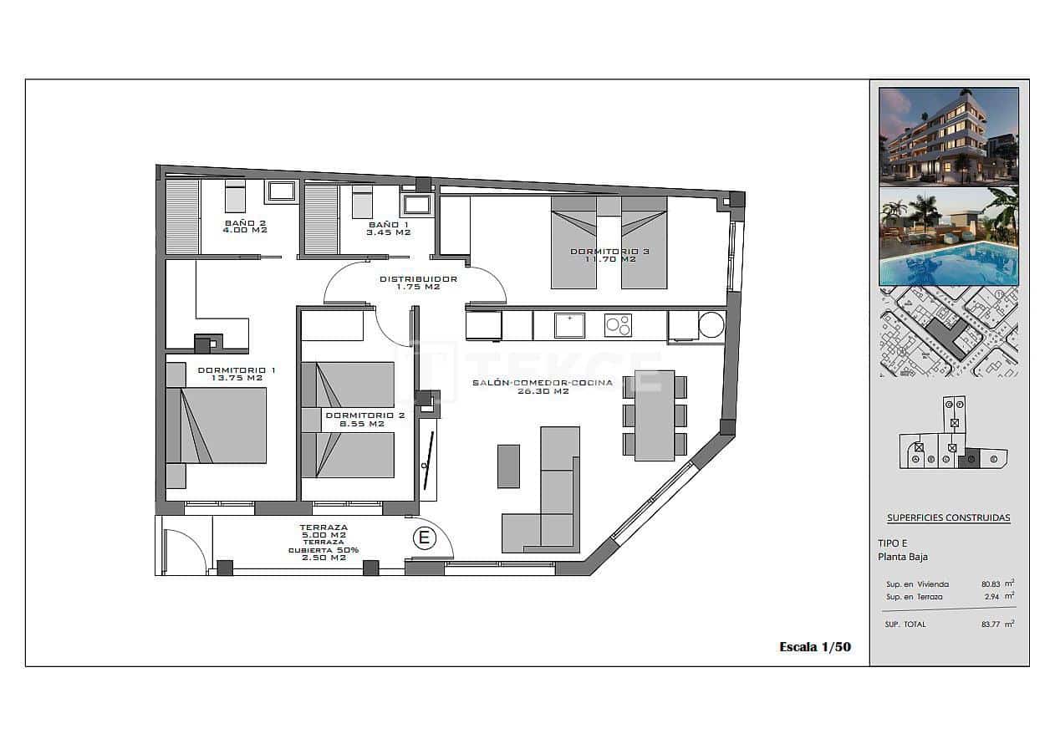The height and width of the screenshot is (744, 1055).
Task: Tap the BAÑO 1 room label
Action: pos(389,225)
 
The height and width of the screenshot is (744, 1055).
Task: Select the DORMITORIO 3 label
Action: pos(609,251)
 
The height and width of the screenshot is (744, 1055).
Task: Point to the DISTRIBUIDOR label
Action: pos(418,279)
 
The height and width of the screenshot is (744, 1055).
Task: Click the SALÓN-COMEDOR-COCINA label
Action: pos(542,383)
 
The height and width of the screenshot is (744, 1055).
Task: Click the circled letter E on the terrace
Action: pos(424,538)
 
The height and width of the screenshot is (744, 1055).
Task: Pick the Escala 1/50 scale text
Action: pos(814,646)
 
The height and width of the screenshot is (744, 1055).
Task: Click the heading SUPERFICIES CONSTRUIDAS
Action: pos(948,517)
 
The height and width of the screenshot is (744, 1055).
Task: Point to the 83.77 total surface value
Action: pos(991,624)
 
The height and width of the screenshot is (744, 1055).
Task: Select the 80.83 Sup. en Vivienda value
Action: pos(991,584)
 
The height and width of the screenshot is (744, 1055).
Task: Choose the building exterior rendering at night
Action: pos(948,135)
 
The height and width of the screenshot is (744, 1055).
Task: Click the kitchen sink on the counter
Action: pos(570,325)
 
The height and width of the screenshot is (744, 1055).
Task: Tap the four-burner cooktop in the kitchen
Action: pos(618,325)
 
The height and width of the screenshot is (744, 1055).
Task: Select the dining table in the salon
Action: pos(655,415)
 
